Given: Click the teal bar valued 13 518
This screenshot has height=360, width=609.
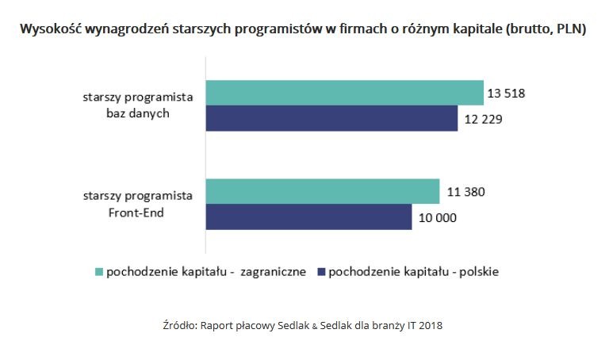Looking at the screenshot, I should pos(344,93).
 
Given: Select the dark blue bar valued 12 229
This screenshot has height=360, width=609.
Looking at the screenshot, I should pos(331,118).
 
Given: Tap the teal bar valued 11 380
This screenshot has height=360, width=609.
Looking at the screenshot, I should pos(322,192).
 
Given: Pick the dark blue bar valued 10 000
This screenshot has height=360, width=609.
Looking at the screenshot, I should pos(308,217).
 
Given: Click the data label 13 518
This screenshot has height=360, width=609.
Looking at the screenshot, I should pos(507,94).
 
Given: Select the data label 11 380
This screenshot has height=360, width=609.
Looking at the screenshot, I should pos(463,192).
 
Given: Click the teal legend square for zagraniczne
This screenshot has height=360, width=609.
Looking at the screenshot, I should pos(99,272).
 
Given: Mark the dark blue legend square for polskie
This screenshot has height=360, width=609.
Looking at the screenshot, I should pos(320,272).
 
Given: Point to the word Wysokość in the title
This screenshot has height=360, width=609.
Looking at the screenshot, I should pos(49,31).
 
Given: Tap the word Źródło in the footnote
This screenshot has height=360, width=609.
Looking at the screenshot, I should pos(178,325).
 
